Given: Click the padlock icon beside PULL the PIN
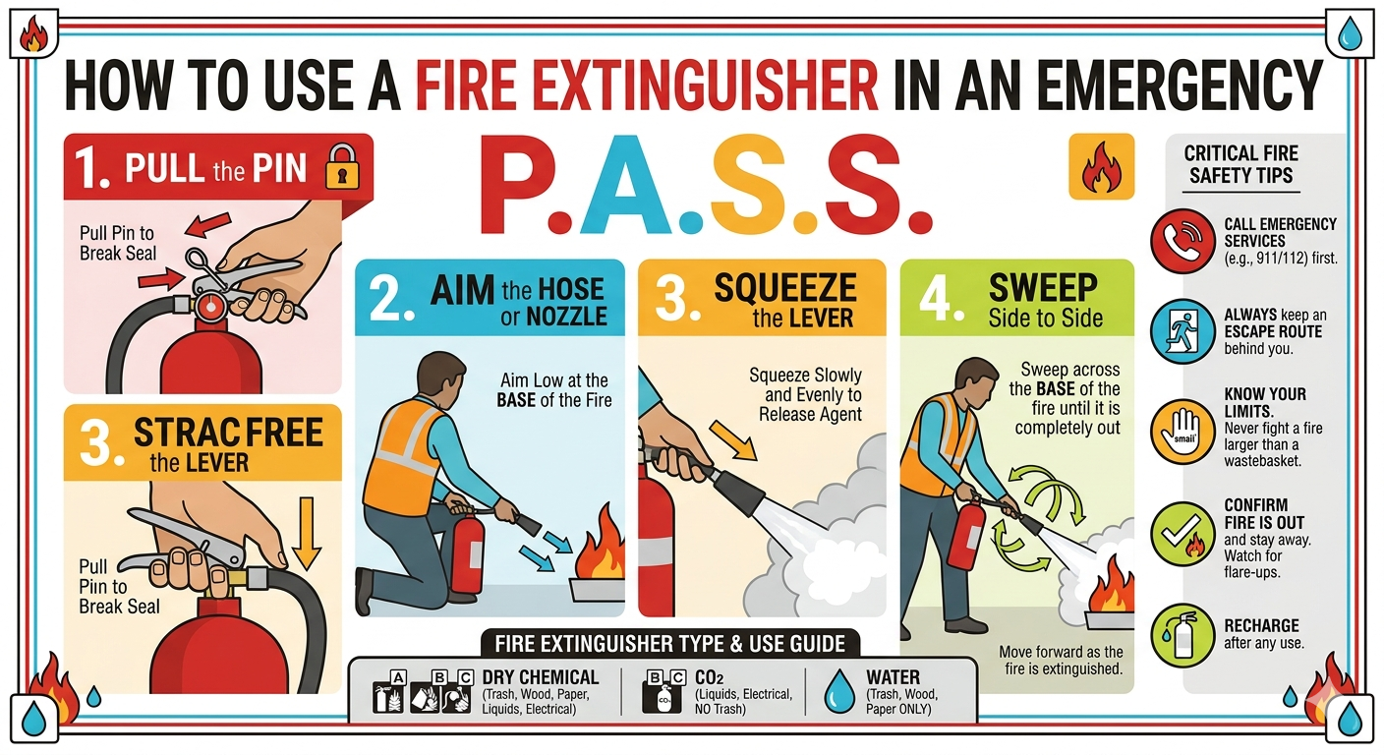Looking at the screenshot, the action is (x=342, y=166).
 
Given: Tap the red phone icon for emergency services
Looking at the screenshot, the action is (x=1182, y=241).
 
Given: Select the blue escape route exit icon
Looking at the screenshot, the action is (x=1182, y=331).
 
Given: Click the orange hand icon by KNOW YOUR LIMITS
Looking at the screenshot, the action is (x=1182, y=432).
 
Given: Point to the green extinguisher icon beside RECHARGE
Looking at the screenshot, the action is (x=1182, y=636).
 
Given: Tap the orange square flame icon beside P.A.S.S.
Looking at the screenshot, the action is (x=1101, y=166).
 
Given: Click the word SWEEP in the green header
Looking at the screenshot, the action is (x=1043, y=287).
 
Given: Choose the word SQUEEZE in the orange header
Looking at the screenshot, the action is (x=785, y=288).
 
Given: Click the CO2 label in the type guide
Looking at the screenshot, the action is (x=709, y=677).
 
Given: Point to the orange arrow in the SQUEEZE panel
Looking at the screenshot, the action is (x=733, y=440).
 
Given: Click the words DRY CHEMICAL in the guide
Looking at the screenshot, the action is (x=540, y=677).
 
